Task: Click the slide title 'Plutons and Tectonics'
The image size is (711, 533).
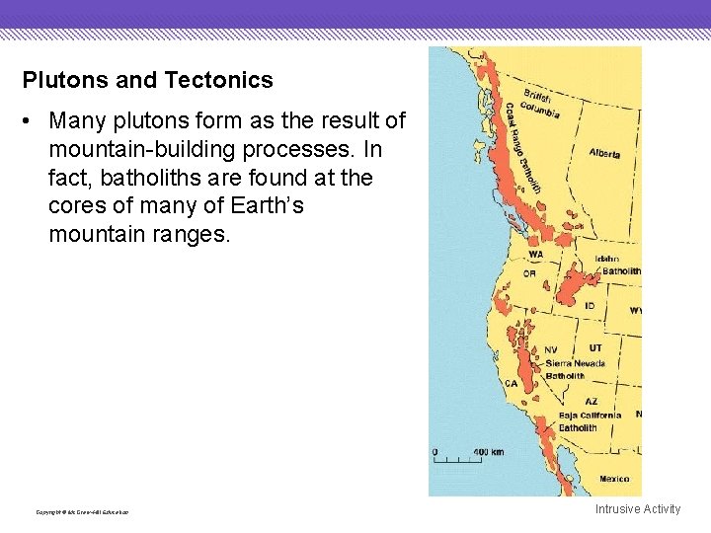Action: [x=148, y=80]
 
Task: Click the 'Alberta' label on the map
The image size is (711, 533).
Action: [x=604, y=153]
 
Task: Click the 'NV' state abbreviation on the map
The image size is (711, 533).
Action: [x=550, y=349]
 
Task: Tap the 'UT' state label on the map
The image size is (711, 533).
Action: [x=594, y=348]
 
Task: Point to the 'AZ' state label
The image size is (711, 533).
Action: [x=591, y=402]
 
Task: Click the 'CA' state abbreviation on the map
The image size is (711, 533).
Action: [x=512, y=383]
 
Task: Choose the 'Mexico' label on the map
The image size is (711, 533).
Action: [x=613, y=479]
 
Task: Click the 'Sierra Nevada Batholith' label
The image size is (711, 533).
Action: [x=576, y=369]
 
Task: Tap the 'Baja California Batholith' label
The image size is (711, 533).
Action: [x=590, y=421]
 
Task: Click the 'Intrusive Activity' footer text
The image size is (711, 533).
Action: [x=637, y=509]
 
